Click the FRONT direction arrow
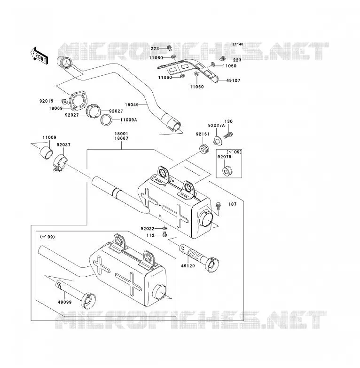click(x=39, y=56)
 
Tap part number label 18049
click(x=132, y=104)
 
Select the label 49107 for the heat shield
click(x=234, y=80)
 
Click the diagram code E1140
click(x=238, y=44)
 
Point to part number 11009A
click(x=129, y=120)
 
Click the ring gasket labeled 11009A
click(x=106, y=120)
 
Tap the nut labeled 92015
click(x=64, y=101)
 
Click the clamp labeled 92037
click(x=60, y=162)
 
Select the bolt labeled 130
click(x=228, y=135)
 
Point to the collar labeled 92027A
click(x=218, y=140)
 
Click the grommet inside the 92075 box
click(x=227, y=171)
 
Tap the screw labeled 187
click(x=219, y=206)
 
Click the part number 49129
click(x=188, y=266)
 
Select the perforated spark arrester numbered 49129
click(x=199, y=258)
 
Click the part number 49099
click(x=65, y=302)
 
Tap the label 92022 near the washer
click(x=148, y=229)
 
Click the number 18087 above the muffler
click(x=121, y=138)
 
